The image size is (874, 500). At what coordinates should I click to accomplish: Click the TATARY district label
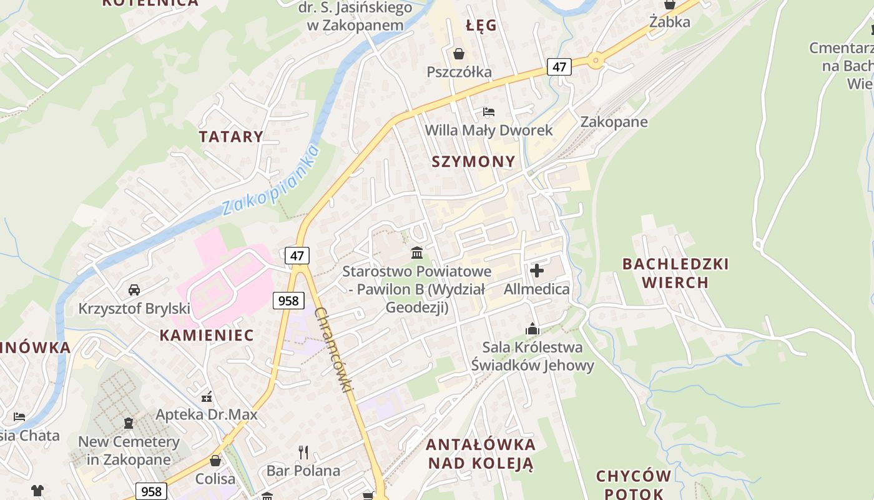[231, 137]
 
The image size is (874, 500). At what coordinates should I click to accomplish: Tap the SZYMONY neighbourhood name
[474, 161]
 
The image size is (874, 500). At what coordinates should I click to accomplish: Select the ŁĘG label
[481, 26]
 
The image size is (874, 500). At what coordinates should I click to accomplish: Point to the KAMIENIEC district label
[207, 335]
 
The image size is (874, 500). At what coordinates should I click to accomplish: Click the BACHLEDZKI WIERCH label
[675, 273]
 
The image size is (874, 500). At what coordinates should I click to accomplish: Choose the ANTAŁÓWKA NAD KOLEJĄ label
[480, 454]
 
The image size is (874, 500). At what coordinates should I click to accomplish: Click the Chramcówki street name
[334, 349]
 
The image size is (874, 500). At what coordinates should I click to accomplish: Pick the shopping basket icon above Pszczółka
[459, 54]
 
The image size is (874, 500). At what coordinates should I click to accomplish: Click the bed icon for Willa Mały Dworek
[489, 112]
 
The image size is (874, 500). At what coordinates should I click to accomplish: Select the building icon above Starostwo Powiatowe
[416, 253]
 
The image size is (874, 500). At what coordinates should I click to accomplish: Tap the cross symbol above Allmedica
[536, 271]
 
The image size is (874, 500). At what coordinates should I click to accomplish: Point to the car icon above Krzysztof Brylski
[134, 290]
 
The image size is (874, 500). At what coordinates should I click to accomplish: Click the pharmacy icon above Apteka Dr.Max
[207, 396]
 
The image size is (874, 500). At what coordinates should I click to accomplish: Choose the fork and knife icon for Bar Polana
[303, 452]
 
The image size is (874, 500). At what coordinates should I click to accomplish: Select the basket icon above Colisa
[215, 461]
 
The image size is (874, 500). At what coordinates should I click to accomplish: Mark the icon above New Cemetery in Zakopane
[129, 423]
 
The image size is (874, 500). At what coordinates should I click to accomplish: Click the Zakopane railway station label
[614, 122]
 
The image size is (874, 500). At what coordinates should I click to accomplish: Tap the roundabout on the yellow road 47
[595, 61]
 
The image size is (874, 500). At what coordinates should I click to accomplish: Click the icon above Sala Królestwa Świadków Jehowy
[532, 329]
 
